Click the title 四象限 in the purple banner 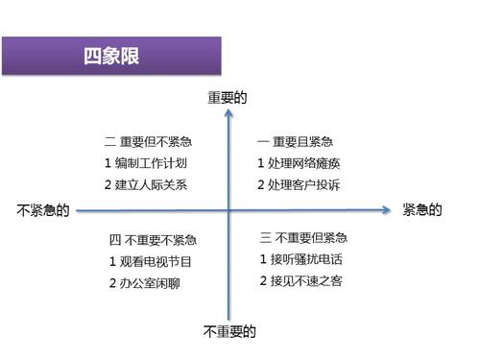tap(111, 56)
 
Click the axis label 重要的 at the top tap(228, 97)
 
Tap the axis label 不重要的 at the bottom tap(229, 332)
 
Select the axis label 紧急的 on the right tap(422, 210)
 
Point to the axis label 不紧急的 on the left tap(43, 210)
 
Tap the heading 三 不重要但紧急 tap(303, 237)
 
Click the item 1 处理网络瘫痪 tap(299, 162)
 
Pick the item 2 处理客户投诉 tap(299, 184)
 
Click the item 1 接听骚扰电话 tap(301, 259)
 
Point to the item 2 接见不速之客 tap(301, 281)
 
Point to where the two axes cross tap(228, 209)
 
